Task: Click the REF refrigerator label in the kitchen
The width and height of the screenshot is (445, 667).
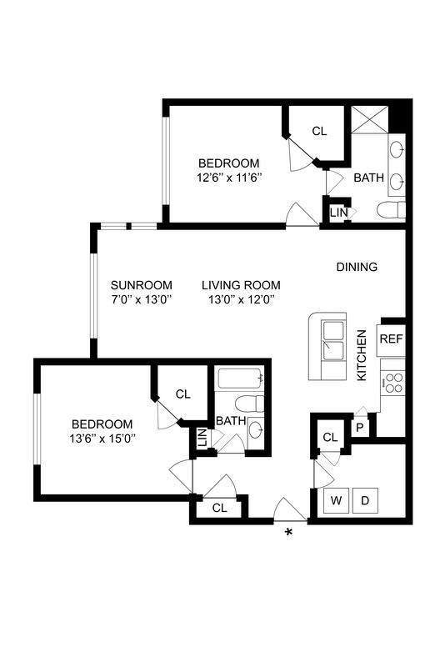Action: (x=391, y=339)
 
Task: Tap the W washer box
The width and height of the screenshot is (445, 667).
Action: (x=337, y=501)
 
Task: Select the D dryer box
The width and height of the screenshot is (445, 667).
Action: (x=365, y=501)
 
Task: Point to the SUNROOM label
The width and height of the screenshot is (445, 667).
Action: (x=142, y=283)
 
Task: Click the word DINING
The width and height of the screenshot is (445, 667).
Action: (x=357, y=267)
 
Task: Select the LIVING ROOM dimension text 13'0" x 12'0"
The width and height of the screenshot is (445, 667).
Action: (x=238, y=298)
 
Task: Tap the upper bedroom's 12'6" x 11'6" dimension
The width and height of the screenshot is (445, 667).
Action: (x=229, y=178)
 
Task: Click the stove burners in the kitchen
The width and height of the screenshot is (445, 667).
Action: (x=392, y=384)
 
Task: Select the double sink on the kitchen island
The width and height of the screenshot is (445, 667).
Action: (x=333, y=340)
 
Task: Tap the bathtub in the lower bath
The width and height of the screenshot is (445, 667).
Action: (x=240, y=381)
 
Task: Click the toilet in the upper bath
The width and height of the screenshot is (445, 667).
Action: (x=390, y=211)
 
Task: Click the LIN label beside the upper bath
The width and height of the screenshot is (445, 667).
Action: (x=338, y=213)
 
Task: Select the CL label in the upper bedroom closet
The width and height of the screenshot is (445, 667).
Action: (x=319, y=131)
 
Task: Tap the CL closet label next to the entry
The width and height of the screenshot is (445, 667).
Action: (x=219, y=507)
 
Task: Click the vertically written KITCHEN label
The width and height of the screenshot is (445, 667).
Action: (x=362, y=355)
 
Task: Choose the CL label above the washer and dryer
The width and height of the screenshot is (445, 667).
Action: (x=330, y=437)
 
